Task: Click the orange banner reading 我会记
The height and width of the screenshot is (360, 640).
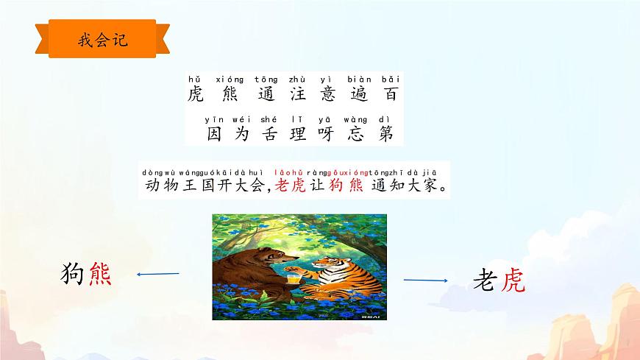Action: coord(102,40)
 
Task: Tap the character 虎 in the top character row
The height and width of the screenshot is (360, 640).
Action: coord(196,95)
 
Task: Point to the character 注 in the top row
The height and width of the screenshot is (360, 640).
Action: coord(298,95)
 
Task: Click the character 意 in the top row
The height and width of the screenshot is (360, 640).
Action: coord(327,95)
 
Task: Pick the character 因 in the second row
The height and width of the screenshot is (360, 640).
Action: coord(215,134)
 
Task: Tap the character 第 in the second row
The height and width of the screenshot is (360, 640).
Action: coord(386,134)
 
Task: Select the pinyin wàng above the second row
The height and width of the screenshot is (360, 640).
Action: coord(358,119)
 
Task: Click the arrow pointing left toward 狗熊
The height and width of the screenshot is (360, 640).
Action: coord(158,275)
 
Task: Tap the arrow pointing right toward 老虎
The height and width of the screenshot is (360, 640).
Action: coord(425,280)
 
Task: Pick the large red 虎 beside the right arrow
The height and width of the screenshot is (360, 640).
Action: coord(513,280)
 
